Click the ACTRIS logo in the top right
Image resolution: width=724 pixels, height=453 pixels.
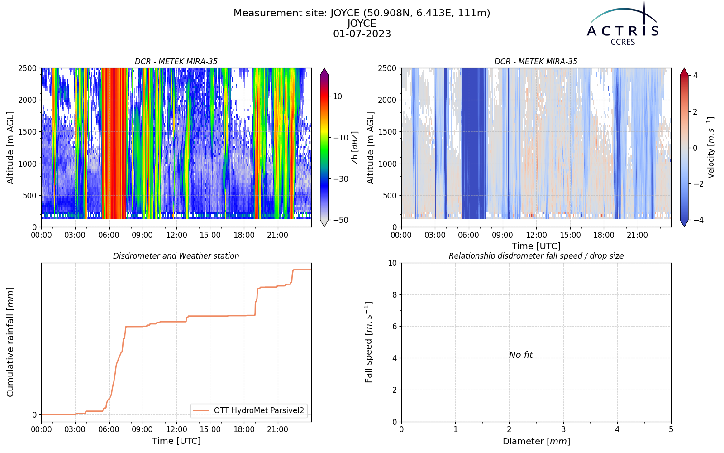(623, 24)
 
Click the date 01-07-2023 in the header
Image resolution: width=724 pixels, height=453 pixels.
(362, 34)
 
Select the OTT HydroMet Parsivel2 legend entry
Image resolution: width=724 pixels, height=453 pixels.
(248, 410)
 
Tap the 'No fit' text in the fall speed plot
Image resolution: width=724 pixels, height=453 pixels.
(521, 355)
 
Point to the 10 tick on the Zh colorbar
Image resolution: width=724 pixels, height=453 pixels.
(338, 96)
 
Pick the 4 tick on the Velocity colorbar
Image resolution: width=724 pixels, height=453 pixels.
(695, 76)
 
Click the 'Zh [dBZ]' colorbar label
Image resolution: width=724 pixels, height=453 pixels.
(355, 148)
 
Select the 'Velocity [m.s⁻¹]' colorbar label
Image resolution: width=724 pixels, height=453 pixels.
(711, 148)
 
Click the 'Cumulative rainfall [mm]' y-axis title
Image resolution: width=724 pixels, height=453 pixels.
(10, 342)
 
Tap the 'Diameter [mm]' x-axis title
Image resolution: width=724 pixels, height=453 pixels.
(536, 441)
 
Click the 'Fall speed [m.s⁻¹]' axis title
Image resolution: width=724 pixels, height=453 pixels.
(368, 342)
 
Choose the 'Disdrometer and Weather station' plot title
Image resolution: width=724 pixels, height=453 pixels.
(176, 256)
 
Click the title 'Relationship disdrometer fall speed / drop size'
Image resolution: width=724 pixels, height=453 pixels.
(536, 256)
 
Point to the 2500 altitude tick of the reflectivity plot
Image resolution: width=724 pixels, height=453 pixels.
(28, 68)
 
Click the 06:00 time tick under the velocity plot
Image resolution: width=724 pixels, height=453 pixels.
(469, 235)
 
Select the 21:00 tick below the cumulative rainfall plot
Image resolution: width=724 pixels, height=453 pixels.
(278, 430)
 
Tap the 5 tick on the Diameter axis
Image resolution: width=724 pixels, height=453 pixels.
(671, 430)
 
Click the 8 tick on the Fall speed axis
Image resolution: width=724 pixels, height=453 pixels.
(394, 295)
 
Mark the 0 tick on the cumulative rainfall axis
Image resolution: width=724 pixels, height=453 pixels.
(34, 415)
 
